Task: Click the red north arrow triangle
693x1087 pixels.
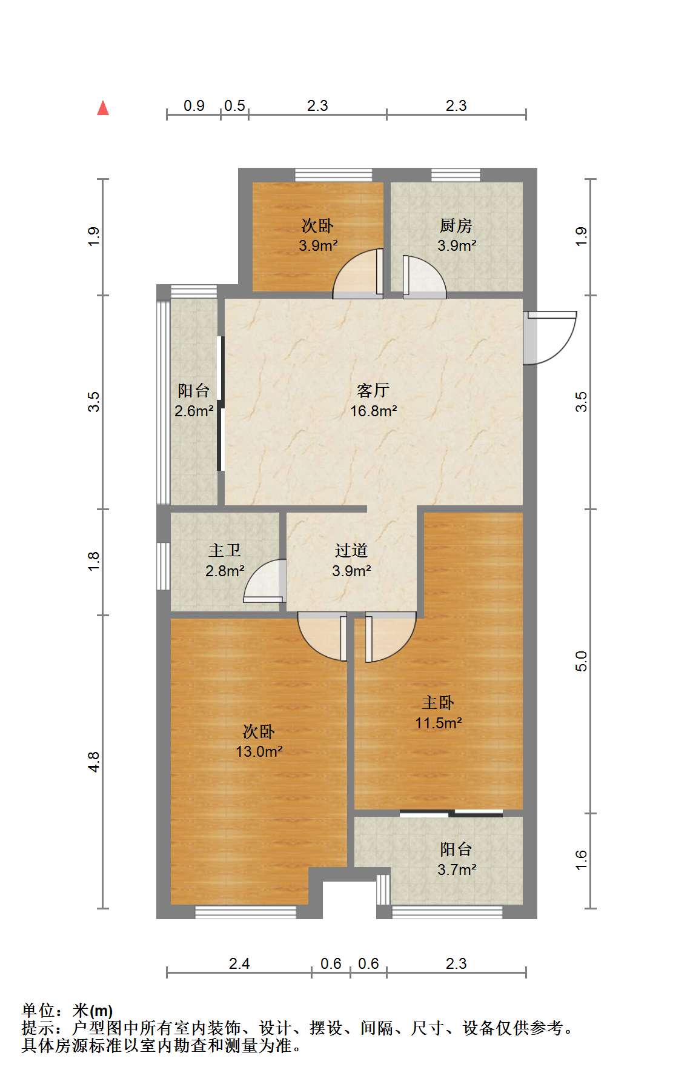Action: click(103, 108)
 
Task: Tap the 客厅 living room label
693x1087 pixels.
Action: click(373, 390)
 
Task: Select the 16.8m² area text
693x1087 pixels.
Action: click(373, 411)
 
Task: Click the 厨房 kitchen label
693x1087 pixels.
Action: click(456, 225)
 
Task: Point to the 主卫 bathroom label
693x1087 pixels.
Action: click(225, 550)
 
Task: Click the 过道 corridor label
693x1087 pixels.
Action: click(351, 550)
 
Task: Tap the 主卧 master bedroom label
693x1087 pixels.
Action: click(438, 702)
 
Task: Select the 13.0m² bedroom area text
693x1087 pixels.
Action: click(259, 752)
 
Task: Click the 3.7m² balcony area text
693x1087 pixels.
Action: click(457, 869)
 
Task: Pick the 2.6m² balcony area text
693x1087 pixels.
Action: click(194, 411)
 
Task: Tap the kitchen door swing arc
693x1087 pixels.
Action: click(425, 278)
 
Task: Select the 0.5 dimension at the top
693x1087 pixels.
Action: click(234, 105)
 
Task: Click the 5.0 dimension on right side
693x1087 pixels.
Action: click(581, 660)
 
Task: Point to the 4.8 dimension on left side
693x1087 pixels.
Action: click(93, 761)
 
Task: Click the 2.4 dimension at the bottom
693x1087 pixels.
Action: click(239, 963)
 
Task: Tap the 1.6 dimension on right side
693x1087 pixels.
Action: click(581, 860)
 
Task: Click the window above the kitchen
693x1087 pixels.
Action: click(456, 175)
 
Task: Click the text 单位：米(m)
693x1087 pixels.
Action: click(67, 1011)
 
